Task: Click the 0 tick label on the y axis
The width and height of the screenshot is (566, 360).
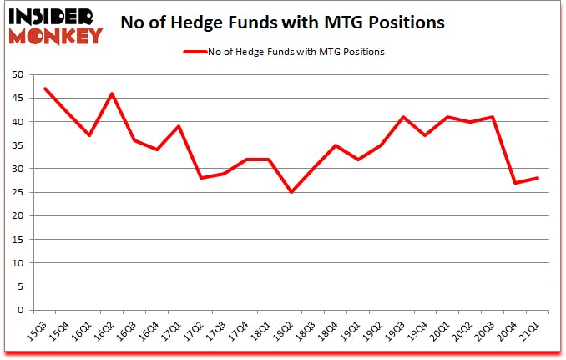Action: tap(19, 310)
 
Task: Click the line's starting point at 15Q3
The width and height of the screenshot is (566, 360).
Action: tap(44, 89)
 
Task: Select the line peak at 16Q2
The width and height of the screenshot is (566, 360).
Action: tap(111, 93)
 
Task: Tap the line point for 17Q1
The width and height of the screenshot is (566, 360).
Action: tap(179, 126)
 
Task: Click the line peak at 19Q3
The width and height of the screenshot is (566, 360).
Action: tap(403, 117)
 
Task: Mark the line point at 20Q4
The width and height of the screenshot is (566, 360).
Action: tap(516, 183)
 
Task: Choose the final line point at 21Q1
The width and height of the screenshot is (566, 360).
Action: tap(538, 178)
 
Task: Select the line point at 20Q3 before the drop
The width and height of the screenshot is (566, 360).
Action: tap(493, 117)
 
